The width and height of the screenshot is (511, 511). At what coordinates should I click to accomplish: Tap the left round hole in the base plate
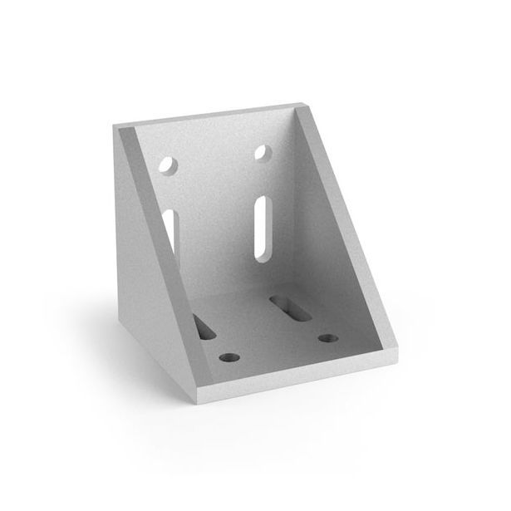[226, 358]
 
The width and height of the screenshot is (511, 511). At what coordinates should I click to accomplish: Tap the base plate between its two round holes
[277, 349]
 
